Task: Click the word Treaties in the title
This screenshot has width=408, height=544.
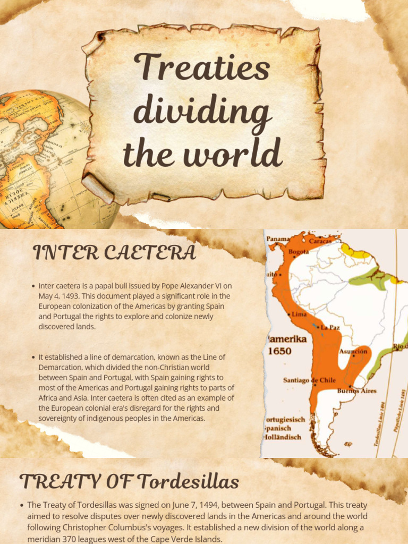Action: click(202, 69)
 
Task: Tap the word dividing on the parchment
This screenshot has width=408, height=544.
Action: click(202, 113)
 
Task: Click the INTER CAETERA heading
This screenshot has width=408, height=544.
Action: click(115, 253)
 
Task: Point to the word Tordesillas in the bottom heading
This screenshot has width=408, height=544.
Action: click(188, 482)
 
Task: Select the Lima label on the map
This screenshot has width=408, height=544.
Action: click(299, 314)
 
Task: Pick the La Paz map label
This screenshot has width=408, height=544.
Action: click(330, 327)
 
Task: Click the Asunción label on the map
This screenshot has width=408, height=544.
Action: click(353, 351)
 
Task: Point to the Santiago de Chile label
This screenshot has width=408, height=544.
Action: click(309, 380)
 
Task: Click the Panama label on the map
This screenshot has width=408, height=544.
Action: click(278, 239)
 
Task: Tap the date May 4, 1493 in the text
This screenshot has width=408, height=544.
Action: click(58, 296)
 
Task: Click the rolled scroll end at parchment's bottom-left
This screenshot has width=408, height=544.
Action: click(98, 189)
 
